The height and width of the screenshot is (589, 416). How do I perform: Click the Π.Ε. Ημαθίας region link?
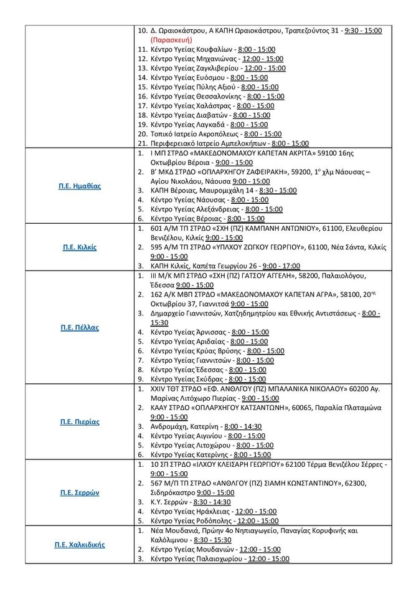[78, 186]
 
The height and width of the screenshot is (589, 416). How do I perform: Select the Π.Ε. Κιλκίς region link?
[78, 247]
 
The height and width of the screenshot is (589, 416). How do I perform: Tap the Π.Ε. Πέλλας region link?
[78, 327]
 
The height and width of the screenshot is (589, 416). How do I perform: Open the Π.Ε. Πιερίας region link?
[78, 422]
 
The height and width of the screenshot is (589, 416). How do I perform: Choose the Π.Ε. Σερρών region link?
[78, 492]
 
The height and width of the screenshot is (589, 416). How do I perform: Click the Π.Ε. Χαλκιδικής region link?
[78, 544]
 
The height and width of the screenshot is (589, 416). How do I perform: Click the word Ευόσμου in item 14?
[210, 77]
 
